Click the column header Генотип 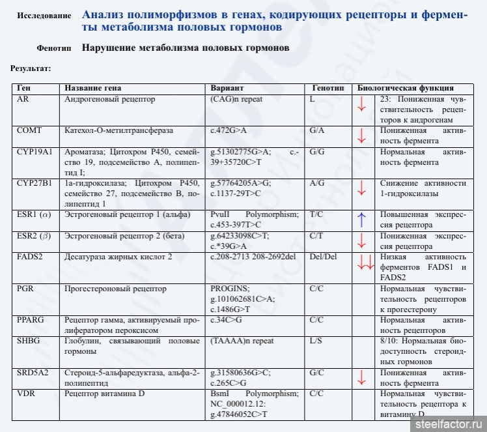(x=327, y=88)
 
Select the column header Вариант (x=227, y=88)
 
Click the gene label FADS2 (x=29, y=257)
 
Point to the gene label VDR (x=25, y=394)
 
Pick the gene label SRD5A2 (x=31, y=373)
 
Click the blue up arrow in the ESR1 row (x=362, y=220)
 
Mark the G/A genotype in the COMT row (x=317, y=130)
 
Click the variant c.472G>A (x=229, y=130)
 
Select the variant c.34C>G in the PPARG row (x=225, y=320)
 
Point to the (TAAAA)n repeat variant (x=242, y=341)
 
